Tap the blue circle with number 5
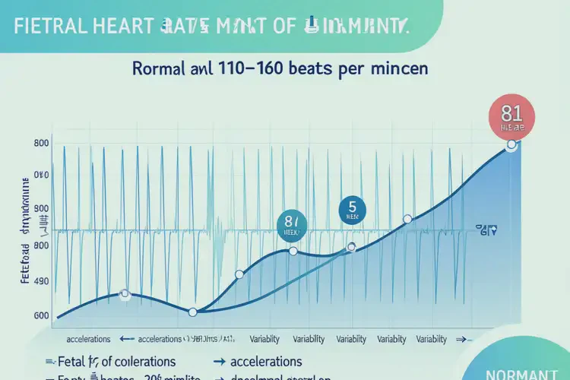pos(352,209)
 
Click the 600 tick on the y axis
pos(41,316)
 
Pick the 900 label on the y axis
pos(41,208)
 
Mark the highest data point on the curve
pos(511,144)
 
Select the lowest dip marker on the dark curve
pos(192,312)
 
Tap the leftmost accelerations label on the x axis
pos(89,339)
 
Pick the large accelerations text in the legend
pos(265,361)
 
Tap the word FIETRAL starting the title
pos(46,26)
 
